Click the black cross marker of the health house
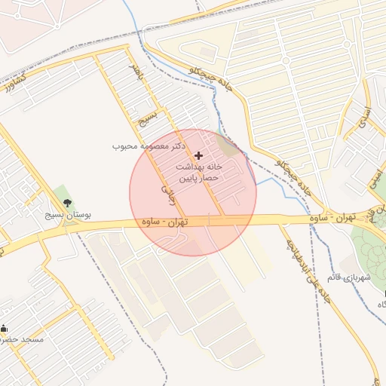pyautogui.click(x=198, y=155)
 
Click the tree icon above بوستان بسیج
pyautogui.click(x=69, y=204)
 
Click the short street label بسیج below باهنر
pyautogui.click(x=151, y=118)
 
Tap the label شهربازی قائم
pyautogui.click(x=348, y=278)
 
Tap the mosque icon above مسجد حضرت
pyautogui.click(x=5, y=328)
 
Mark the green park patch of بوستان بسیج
pyautogui.click(x=63, y=199)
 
